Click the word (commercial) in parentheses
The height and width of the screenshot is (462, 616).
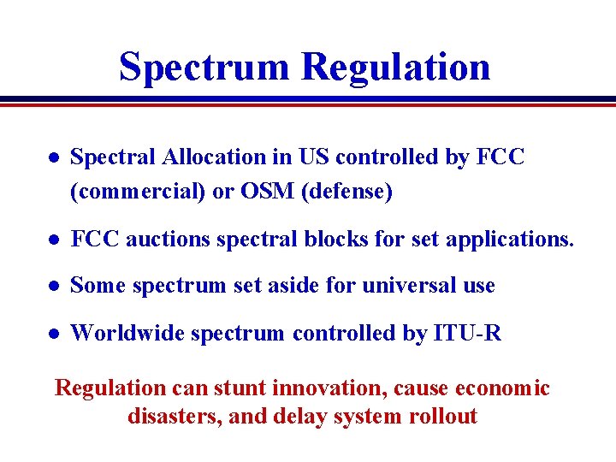click(137, 192)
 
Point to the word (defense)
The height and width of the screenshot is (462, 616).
click(346, 192)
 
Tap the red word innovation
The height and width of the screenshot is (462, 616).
click(330, 388)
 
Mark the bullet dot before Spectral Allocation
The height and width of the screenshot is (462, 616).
click(52, 158)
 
